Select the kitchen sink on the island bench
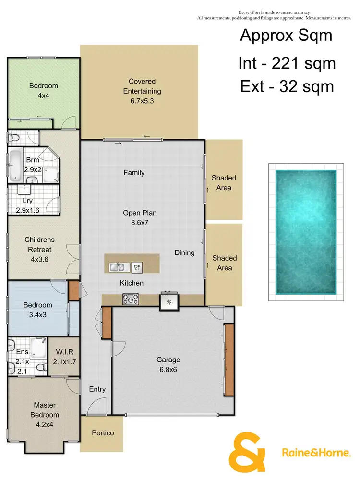click(x=118, y=267)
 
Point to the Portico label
click(x=103, y=433)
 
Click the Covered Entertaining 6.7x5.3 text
click(x=142, y=91)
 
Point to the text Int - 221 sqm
click(x=287, y=63)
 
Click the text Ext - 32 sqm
click(x=287, y=86)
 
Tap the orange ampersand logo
click(x=247, y=453)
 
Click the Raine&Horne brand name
click(x=314, y=453)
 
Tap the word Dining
click(x=184, y=252)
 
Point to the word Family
click(x=134, y=173)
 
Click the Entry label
click(x=97, y=389)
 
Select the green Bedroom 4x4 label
click(x=43, y=91)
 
